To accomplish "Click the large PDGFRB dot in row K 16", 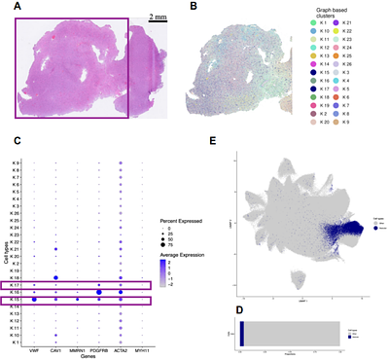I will coord(99,291).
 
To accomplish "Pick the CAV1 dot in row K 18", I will coord(56,277).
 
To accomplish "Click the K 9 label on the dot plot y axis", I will coord(16,162).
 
